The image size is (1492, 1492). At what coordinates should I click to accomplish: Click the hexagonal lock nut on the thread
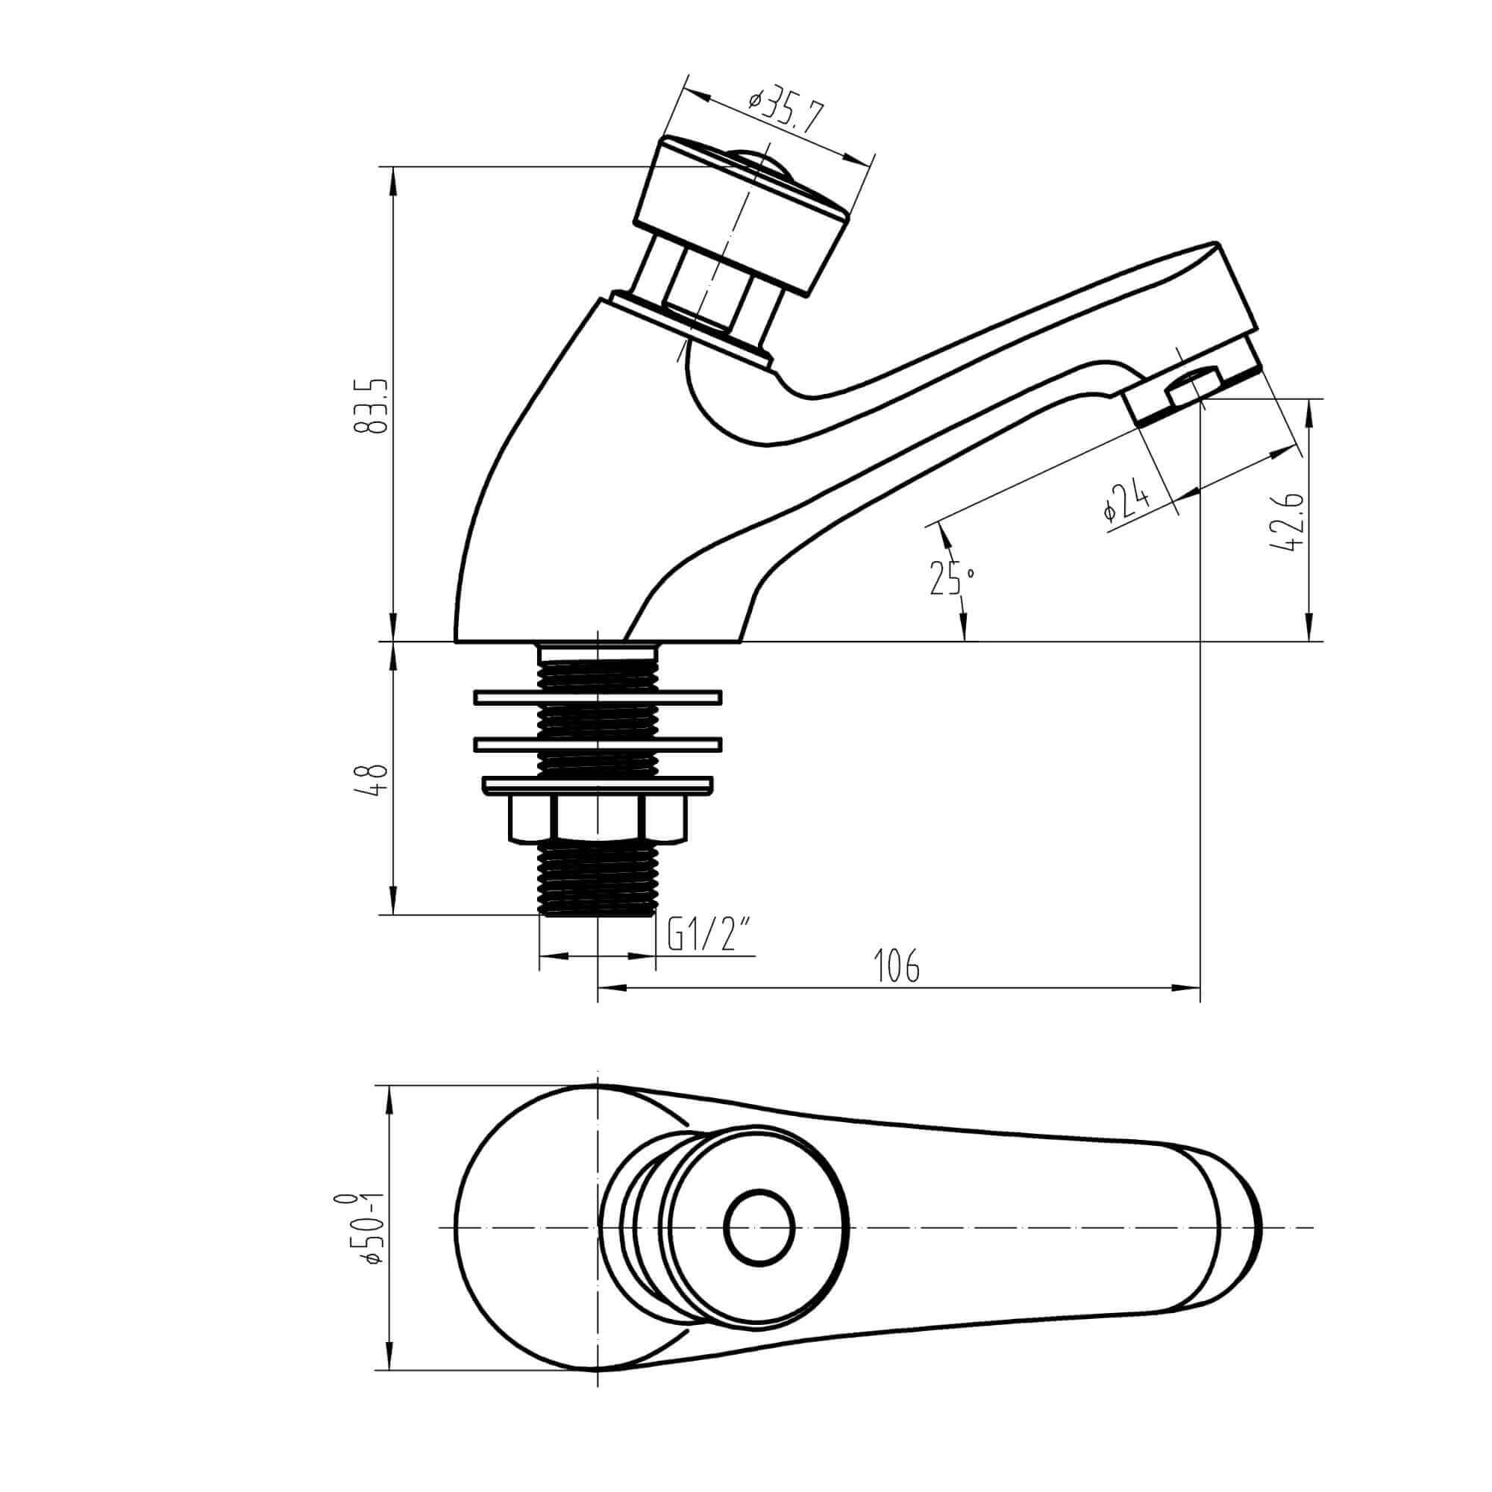coord(597,818)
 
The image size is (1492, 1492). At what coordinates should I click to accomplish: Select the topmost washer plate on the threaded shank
coord(597,698)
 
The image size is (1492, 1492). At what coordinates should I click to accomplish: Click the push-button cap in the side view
coord(745,216)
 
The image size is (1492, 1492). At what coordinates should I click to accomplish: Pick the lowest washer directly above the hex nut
coord(597,786)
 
